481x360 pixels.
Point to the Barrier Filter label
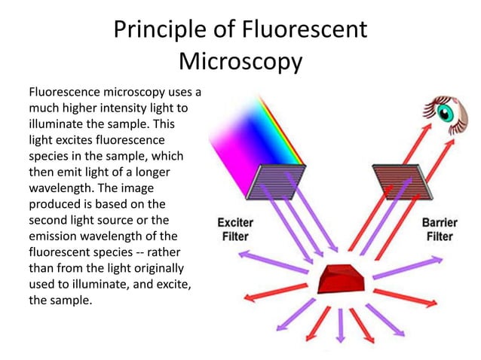439,230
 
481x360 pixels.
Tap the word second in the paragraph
49,219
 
